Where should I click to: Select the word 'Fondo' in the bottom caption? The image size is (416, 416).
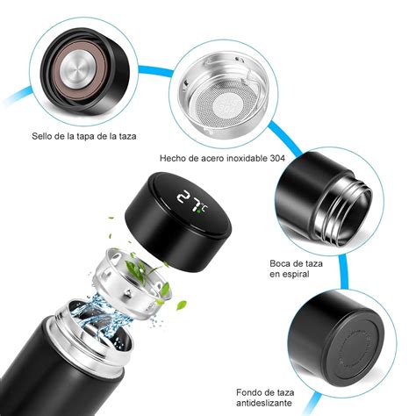coord(252,392)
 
